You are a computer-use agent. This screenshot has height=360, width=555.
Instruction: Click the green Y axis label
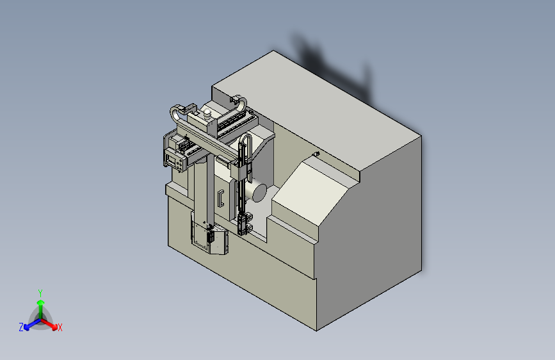(x=40, y=293)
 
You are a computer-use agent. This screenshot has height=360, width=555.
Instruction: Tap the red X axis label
(x=60, y=327)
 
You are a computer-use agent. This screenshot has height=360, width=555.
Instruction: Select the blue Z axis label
(x=21, y=327)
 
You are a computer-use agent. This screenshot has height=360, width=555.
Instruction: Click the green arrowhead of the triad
(x=41, y=303)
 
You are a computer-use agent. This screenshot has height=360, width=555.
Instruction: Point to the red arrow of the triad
(x=49, y=324)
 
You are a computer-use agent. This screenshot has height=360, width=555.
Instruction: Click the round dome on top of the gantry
(x=207, y=113)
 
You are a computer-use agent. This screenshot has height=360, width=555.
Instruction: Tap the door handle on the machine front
(x=220, y=199)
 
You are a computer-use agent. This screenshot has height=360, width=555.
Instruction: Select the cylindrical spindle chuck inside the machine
(x=257, y=192)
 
